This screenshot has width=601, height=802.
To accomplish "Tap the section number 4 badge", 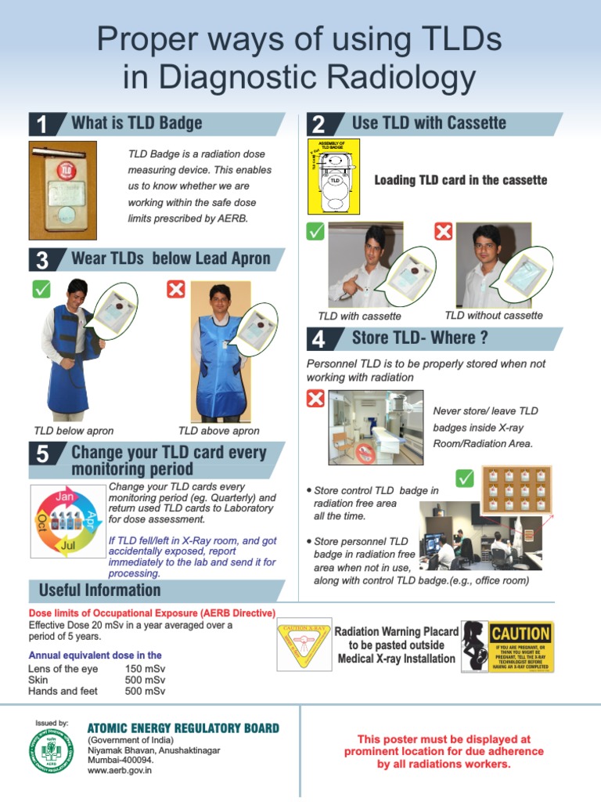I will point(319,339).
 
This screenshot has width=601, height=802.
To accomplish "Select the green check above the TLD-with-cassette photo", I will point(315,232).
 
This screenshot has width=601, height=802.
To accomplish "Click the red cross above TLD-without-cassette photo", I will point(444,232).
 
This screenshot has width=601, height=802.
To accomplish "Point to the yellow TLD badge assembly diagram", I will point(334,176).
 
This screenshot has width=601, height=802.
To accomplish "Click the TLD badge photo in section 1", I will point(63,190).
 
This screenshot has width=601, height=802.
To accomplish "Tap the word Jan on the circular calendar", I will point(64,497).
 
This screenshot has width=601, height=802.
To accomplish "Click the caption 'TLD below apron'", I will point(74,431).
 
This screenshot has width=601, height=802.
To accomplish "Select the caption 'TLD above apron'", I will point(219,431).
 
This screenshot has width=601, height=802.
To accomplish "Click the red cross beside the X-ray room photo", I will point(315,399).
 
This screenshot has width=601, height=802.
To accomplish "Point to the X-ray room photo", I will point(376,427).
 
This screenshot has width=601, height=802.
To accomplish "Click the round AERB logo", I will point(51,750).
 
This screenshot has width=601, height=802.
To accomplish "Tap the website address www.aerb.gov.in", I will point(120,771).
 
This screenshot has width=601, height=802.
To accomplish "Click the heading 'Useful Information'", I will point(99,591).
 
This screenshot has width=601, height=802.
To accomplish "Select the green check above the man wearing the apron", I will point(41,289).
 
